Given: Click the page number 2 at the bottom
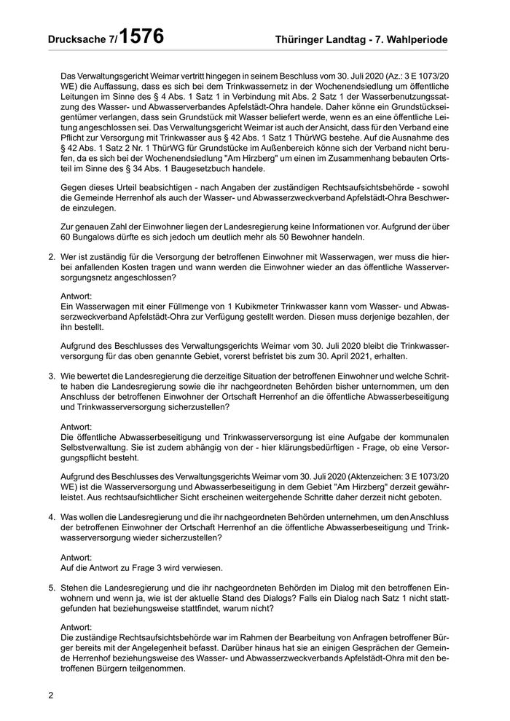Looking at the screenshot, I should click(x=51, y=695).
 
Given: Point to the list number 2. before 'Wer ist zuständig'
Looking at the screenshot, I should click(x=52, y=256).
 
